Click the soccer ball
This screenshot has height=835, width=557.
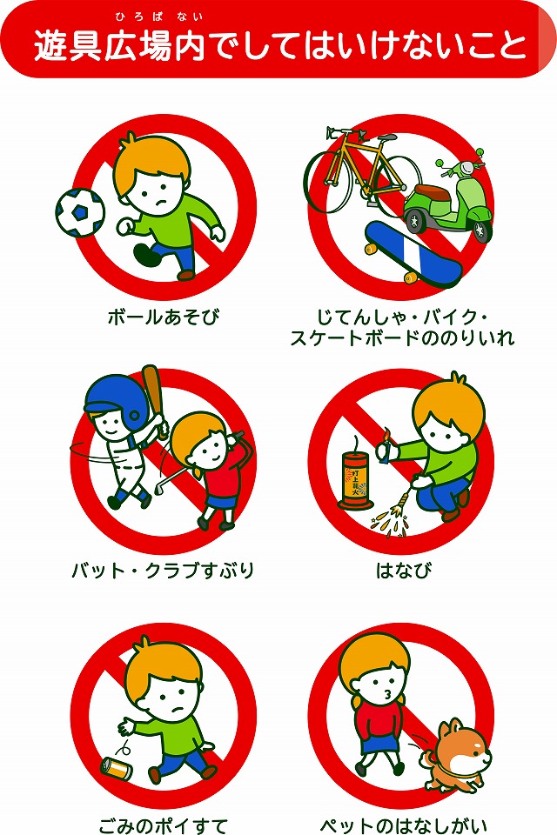(79, 211)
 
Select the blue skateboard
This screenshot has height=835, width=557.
(413, 254)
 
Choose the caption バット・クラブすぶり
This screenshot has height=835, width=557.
(163, 571)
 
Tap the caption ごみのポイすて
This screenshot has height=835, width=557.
(163, 823)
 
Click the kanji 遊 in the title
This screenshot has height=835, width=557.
(50, 45)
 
